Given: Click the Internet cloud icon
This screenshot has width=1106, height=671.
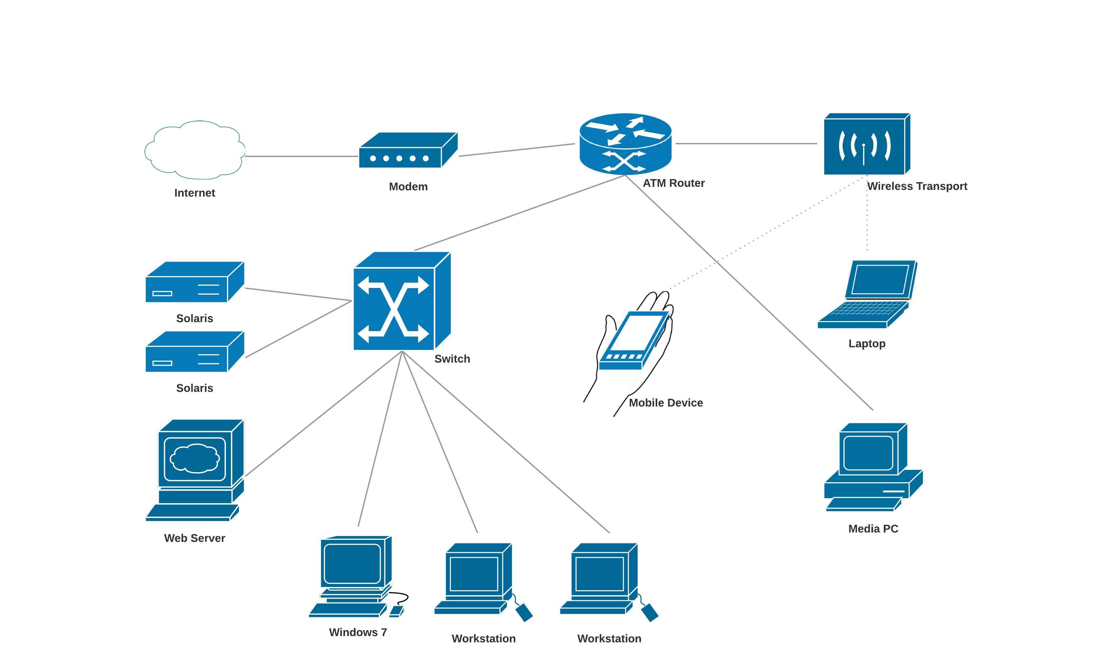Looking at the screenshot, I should coord(194,150).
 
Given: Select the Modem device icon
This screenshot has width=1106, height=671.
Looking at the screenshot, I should coord(408,150).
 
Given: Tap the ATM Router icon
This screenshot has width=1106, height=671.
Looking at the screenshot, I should coord(625,144).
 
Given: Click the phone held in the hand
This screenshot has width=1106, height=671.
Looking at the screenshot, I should coord(634,340).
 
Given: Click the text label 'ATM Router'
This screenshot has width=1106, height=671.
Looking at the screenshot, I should coord(673,183).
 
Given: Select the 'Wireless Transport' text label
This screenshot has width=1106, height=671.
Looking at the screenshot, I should coord(917,186).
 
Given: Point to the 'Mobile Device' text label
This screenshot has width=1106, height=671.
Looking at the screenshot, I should coord(666,403).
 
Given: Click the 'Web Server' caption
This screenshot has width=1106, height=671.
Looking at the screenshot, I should coord(194,538).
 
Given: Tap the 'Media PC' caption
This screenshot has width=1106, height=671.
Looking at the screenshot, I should coord(873,529).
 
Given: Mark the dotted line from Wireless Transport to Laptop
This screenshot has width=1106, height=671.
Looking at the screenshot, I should coord(867,215).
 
